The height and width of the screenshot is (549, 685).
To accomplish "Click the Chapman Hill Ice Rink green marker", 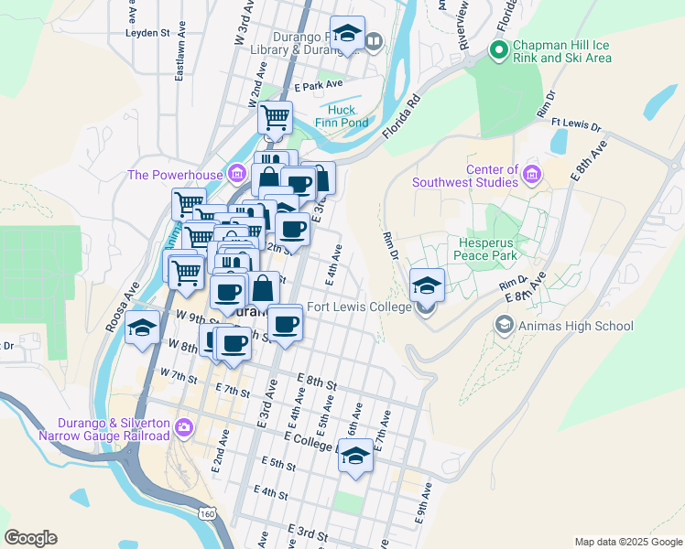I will click(x=499, y=49).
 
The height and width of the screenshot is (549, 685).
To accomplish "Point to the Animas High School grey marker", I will click(x=504, y=325).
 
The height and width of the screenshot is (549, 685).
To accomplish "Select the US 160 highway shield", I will click(x=210, y=514).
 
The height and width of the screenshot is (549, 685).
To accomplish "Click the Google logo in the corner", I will click(x=30, y=538).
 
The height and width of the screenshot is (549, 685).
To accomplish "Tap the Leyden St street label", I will click(x=147, y=33).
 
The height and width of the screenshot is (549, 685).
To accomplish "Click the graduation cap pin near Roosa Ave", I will click(x=142, y=327).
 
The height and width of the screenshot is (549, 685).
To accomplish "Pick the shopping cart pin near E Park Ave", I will click(x=275, y=116).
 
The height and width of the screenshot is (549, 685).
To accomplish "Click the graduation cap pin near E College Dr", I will click(x=354, y=455).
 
